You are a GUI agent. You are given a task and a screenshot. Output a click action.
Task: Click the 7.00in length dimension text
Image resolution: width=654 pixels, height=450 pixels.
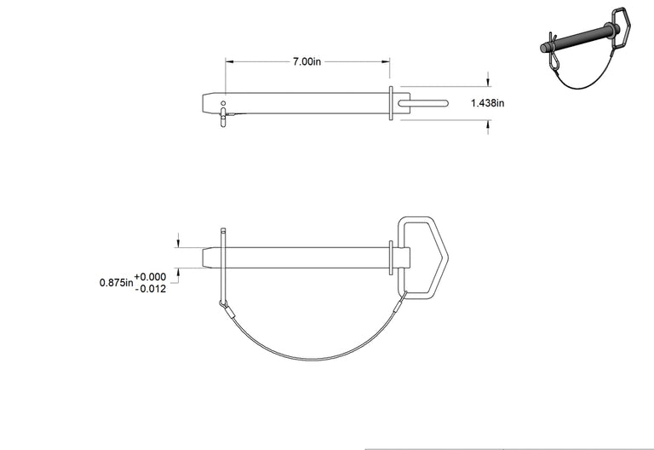307,61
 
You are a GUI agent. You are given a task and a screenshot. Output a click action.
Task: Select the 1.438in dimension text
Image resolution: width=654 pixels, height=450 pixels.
488,103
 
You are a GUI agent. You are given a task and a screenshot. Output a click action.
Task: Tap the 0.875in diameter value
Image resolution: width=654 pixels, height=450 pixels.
117,283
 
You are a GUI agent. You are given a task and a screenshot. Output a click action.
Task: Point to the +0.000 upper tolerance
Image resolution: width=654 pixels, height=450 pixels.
150,277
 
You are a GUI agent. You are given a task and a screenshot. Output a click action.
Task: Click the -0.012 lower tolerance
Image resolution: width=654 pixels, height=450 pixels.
151,289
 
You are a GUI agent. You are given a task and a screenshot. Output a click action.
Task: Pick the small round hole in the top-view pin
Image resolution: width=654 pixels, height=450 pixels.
223,103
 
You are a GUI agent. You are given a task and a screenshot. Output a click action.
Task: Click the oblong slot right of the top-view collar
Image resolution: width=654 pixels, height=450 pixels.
422,103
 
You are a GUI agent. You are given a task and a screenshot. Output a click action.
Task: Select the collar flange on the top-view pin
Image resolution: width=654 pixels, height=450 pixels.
391,103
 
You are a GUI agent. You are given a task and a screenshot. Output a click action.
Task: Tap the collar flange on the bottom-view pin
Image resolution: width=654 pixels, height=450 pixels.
391,257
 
